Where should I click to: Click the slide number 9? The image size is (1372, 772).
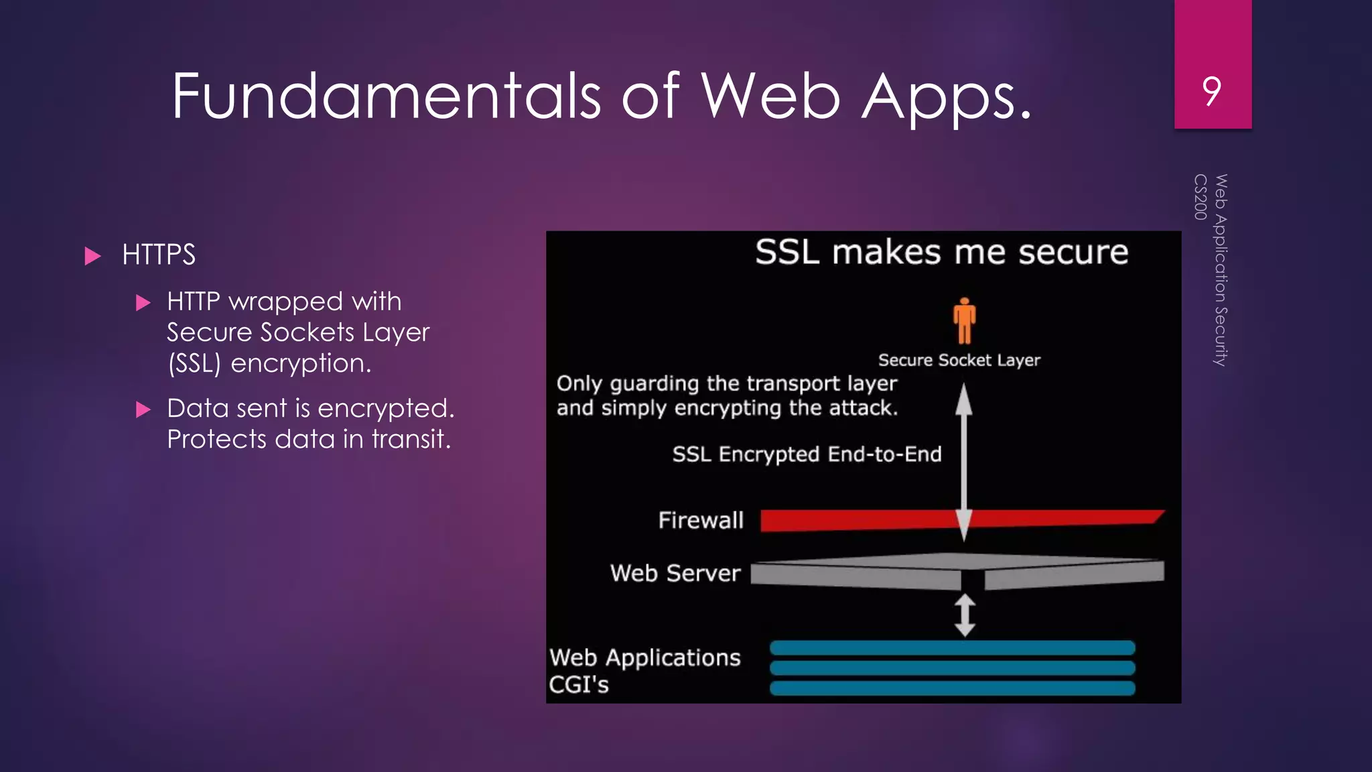[x=1211, y=91]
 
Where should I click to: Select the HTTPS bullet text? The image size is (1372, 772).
[x=159, y=255]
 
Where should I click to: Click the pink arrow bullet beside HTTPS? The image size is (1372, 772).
[x=93, y=256]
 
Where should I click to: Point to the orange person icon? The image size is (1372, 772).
[x=964, y=320]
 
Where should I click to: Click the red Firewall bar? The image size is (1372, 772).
[x=857, y=520]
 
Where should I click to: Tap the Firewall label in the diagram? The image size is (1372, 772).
[x=701, y=520]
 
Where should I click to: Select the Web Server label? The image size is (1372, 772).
[x=675, y=574]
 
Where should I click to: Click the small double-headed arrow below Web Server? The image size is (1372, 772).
[x=965, y=615]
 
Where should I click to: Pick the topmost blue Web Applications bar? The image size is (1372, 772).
[x=952, y=647]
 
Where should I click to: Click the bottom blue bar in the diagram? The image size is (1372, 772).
[x=952, y=688]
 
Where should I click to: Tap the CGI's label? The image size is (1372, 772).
[x=579, y=685]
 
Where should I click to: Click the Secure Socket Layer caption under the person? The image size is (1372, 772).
[x=959, y=361]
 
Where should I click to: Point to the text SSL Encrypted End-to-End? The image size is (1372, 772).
[x=807, y=454]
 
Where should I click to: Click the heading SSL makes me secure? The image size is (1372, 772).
[x=941, y=253]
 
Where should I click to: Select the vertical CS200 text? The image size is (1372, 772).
[x=1200, y=197]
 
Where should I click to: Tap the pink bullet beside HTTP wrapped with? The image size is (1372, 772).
[x=143, y=303]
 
